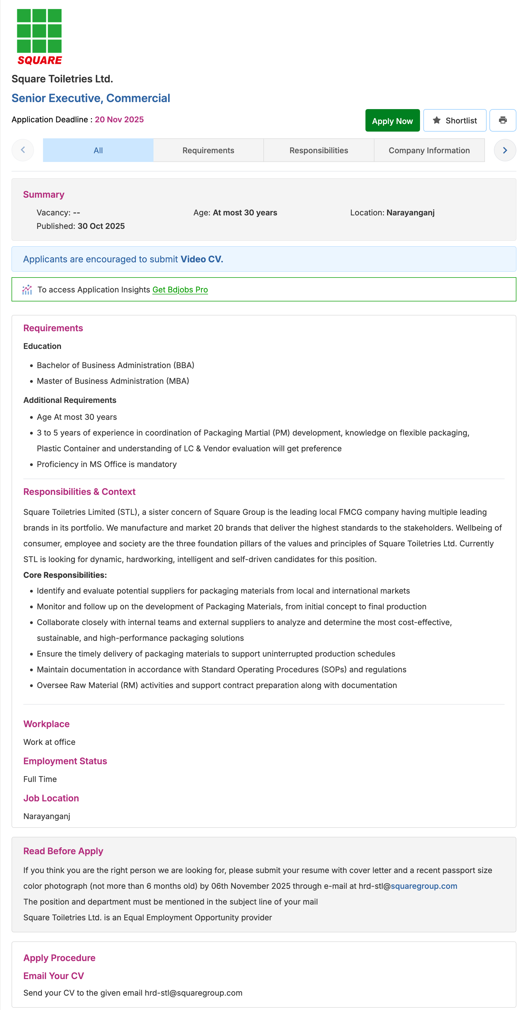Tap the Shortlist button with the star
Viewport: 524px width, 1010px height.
tap(454, 120)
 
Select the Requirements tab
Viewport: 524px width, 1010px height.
tap(208, 150)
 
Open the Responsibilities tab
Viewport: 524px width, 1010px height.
tap(318, 150)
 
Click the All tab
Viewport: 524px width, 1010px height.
tap(98, 150)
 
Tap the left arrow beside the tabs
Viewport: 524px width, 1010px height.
tap(23, 150)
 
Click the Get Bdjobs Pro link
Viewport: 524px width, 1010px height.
tap(180, 290)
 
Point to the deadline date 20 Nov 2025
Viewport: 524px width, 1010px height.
tap(119, 120)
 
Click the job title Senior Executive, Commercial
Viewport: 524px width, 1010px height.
tap(91, 98)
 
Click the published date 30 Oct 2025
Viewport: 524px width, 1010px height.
tap(101, 226)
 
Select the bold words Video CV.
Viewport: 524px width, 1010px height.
tap(202, 259)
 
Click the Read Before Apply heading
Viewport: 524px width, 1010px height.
tap(63, 851)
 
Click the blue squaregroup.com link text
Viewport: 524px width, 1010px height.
tap(424, 886)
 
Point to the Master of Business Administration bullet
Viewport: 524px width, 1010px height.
tap(113, 381)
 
